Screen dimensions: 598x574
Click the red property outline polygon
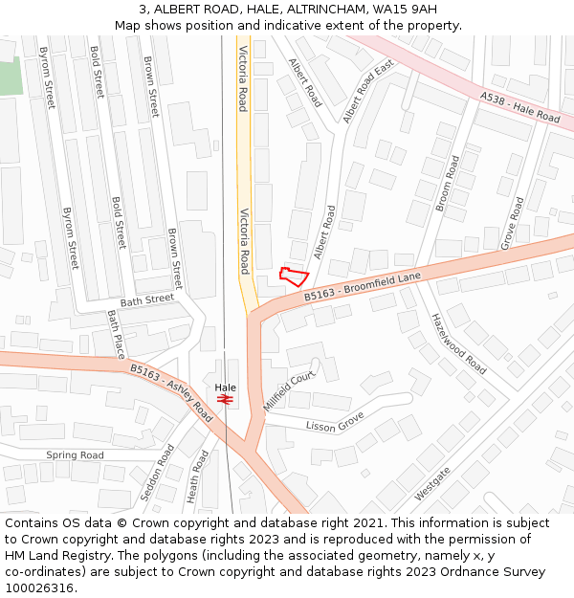point(293,277)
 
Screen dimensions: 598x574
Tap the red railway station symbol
point(226,399)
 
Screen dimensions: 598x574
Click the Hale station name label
point(226,388)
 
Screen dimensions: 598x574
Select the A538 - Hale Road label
point(520,106)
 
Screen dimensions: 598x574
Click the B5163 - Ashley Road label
point(171,391)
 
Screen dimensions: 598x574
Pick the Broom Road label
point(447,183)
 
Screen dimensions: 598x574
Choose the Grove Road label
point(513,223)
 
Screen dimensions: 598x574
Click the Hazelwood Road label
point(458,343)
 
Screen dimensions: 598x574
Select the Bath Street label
point(147,299)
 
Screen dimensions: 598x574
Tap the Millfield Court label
point(289,391)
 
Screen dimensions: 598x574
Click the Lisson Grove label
point(335,420)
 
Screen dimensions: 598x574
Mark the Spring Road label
point(75,454)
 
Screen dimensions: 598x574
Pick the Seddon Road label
point(159,470)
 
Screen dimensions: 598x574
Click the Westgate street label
point(432,484)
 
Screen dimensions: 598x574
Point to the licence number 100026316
point(40,587)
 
